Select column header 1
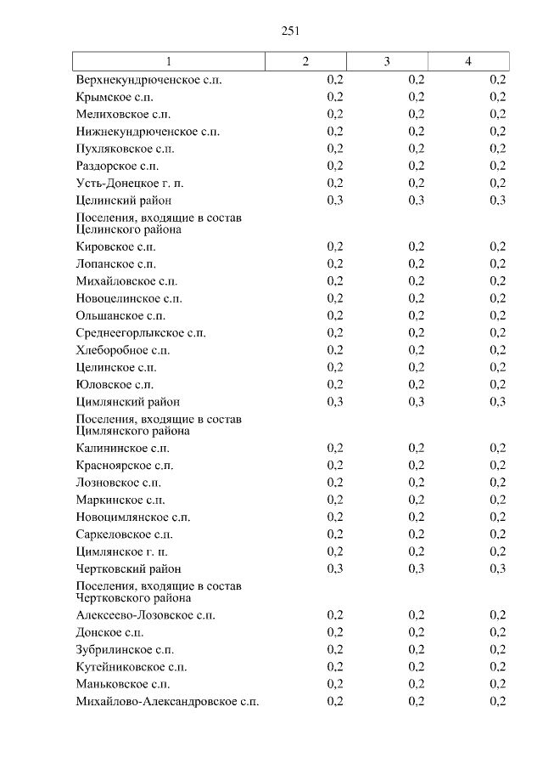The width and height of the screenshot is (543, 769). click(x=168, y=61)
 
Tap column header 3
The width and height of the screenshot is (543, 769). click(x=387, y=61)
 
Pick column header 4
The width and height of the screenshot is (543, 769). click(x=468, y=61)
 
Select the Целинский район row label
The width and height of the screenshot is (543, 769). click(x=123, y=201)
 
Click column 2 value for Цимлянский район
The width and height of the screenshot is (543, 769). click(x=334, y=402)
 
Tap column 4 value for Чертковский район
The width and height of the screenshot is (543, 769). click(x=497, y=568)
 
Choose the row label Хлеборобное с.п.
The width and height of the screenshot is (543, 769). click(x=123, y=350)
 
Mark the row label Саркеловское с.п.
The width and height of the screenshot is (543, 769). click(x=124, y=534)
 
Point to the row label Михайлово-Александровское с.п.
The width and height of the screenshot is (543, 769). click(x=167, y=701)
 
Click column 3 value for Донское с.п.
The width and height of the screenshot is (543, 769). click(x=416, y=633)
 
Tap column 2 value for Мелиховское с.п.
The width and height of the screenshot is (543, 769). click(x=334, y=114)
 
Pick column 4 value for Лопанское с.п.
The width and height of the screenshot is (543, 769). click(x=497, y=264)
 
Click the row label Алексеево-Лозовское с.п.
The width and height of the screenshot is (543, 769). click(x=145, y=615)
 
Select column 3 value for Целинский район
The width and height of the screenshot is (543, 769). click(x=416, y=201)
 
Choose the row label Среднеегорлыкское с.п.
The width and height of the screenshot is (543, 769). click(x=141, y=333)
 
